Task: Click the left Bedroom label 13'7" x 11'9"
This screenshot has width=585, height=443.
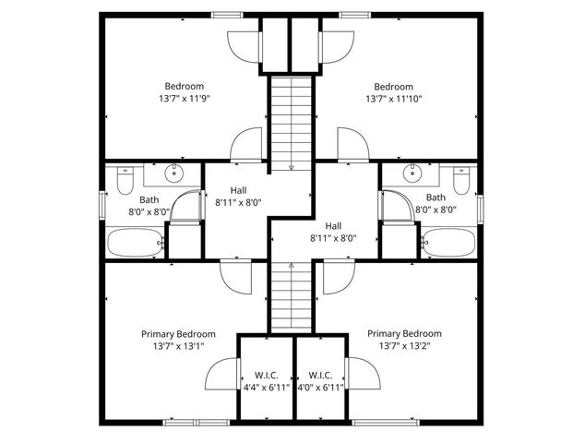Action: point(185,98)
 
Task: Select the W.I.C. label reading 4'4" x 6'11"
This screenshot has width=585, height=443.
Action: point(267,387)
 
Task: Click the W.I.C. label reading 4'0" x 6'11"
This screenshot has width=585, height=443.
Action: point(320,387)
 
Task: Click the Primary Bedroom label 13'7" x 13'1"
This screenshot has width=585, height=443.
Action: point(178,346)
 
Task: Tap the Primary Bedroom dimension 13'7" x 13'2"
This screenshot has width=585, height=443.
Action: point(404,346)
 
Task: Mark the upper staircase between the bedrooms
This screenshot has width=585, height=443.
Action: point(292,123)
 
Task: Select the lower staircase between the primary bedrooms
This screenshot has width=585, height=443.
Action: point(292,295)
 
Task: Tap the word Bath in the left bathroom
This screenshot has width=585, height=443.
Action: point(149,198)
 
